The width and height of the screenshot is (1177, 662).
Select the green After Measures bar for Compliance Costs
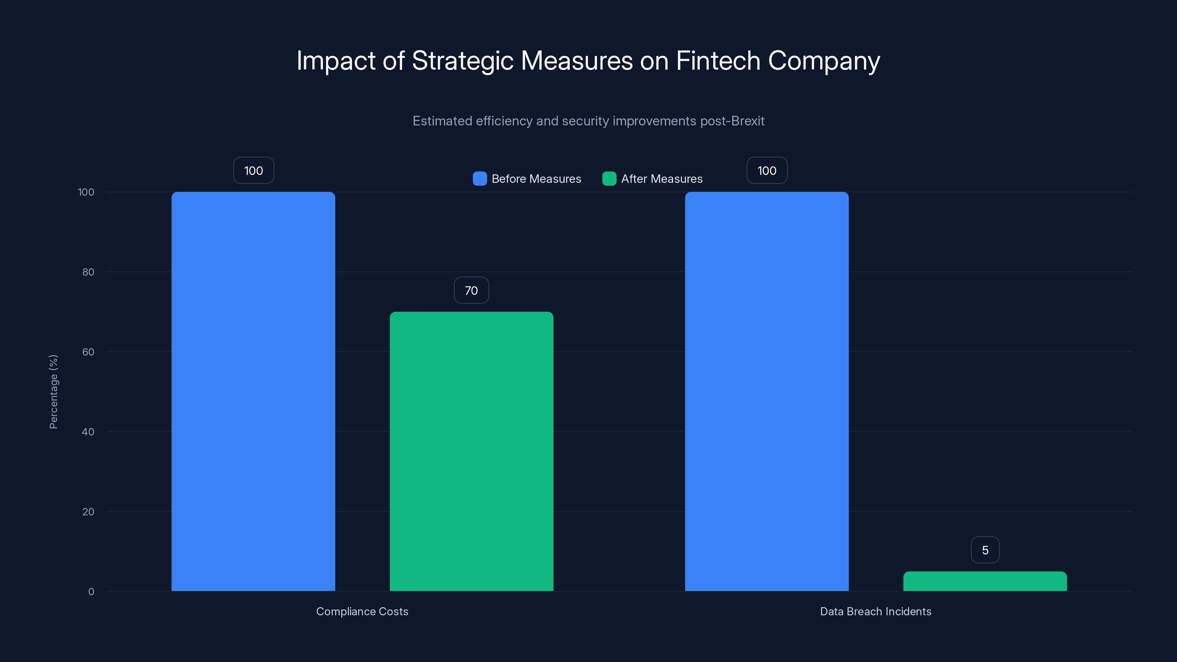click(x=471, y=451)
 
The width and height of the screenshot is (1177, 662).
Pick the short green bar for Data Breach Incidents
click(x=985, y=581)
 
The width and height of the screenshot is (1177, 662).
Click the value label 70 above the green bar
click(x=471, y=291)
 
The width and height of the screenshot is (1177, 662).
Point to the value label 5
click(x=985, y=550)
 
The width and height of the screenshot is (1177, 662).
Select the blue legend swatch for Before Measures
click(x=480, y=179)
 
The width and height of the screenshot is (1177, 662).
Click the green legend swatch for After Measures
click(x=609, y=179)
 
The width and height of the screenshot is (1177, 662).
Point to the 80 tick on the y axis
click(x=88, y=272)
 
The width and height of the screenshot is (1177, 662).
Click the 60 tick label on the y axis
click(x=88, y=352)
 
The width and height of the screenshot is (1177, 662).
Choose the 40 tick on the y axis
click(x=88, y=432)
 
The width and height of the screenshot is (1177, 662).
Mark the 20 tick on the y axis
click(x=88, y=512)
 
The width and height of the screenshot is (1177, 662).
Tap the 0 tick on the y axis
click(x=91, y=592)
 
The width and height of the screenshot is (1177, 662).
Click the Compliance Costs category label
click(x=362, y=611)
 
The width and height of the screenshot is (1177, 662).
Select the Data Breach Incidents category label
click(x=875, y=611)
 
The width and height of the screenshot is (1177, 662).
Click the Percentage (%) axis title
click(x=53, y=392)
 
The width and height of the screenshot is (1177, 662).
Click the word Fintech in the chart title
click(x=718, y=61)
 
